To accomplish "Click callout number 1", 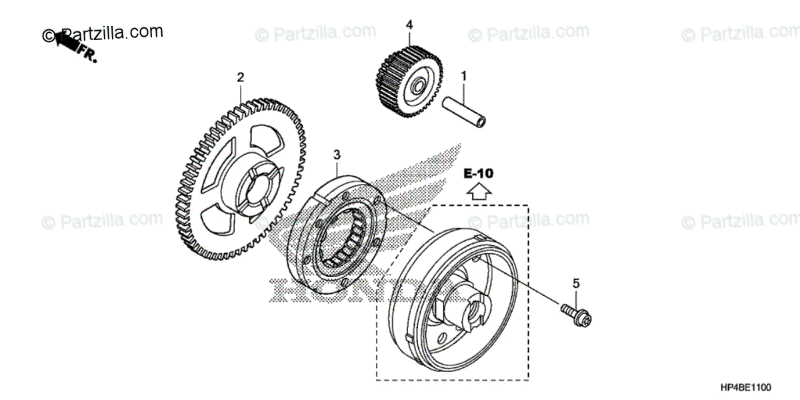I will (x=464, y=77).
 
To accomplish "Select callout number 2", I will (x=241, y=77).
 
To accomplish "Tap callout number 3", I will (x=337, y=155).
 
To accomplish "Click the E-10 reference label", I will (x=479, y=174).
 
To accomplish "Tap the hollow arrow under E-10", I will (x=479, y=192).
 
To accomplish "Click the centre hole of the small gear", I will (x=418, y=87).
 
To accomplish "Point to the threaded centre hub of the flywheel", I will (x=474, y=309).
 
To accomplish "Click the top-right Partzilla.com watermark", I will (x=740, y=32).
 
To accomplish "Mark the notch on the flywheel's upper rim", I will (x=479, y=238).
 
